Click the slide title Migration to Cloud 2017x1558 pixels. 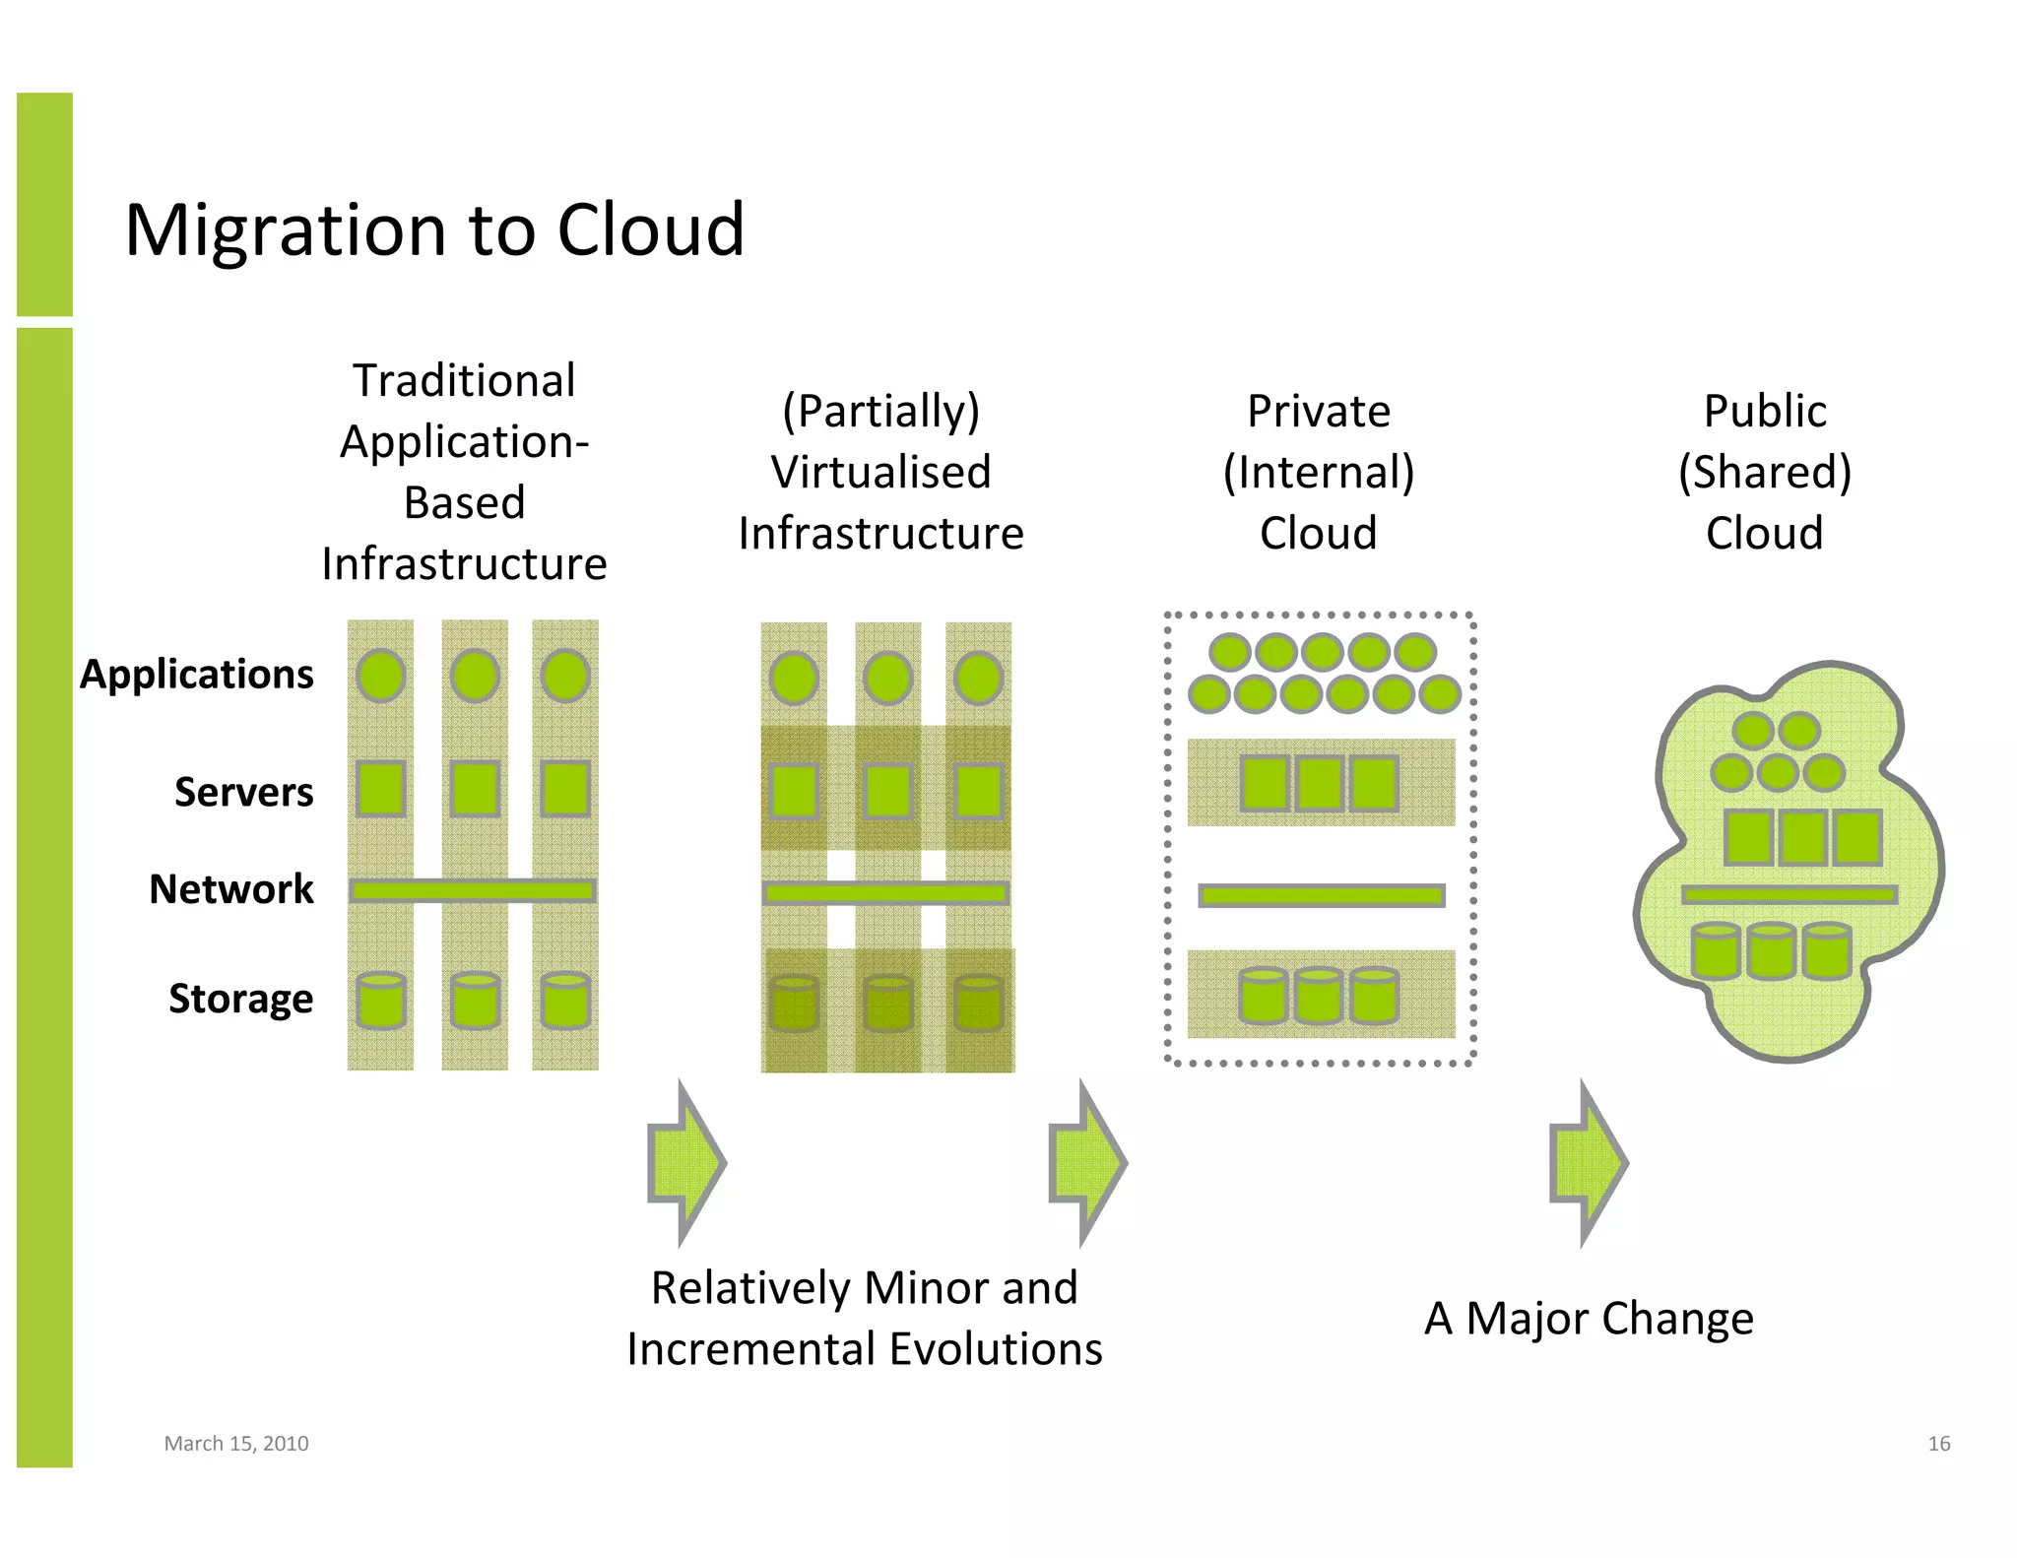point(434,229)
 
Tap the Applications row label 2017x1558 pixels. point(197,675)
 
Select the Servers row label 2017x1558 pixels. point(243,792)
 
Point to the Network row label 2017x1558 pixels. point(231,889)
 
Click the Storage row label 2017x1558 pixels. point(240,999)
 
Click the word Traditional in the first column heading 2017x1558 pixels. point(464,381)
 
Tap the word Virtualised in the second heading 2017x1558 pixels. point(880,473)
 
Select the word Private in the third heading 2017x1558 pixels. point(1319,412)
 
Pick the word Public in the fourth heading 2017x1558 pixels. point(1765,412)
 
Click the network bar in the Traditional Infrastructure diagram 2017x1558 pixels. point(473,891)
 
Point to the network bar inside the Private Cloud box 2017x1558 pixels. point(1321,896)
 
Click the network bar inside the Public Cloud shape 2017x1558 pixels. point(1789,895)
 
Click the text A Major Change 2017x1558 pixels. point(1589,1319)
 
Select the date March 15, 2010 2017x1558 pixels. point(236,1444)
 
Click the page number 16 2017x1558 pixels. point(1938,1444)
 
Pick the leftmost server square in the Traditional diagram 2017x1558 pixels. point(381,789)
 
